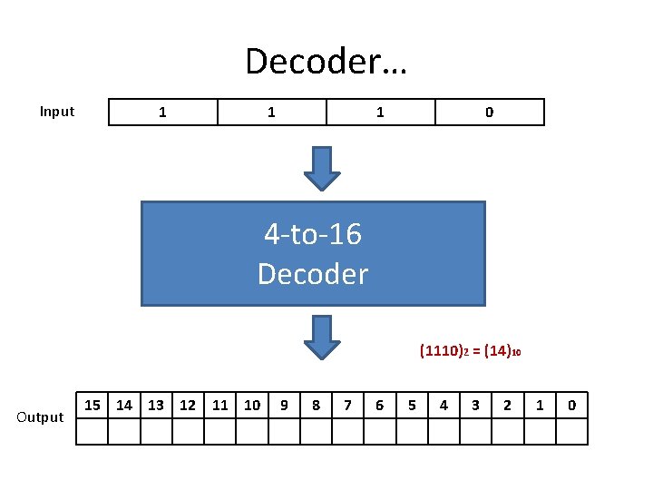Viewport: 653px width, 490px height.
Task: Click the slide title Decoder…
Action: [x=326, y=61]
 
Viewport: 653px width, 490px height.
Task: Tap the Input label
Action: [x=57, y=112]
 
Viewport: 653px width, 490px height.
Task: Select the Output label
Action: [x=41, y=417]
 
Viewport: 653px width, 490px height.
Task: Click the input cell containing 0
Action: [x=490, y=113]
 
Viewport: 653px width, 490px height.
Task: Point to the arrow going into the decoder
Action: [x=321, y=168]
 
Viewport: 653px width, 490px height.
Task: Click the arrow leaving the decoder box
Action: [x=321, y=337]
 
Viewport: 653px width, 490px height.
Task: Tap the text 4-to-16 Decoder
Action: [x=313, y=254]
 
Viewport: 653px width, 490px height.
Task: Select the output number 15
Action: [x=92, y=405]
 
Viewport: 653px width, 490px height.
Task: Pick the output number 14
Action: [x=124, y=405]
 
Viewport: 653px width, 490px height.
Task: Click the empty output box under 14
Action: [x=124, y=431]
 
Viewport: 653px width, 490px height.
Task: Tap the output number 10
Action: [x=252, y=405]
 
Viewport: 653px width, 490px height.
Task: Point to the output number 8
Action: [x=316, y=405]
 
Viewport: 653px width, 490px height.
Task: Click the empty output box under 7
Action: [x=347, y=431]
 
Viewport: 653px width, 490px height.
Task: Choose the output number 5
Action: [x=412, y=405]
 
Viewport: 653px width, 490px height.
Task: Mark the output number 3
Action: [x=475, y=405]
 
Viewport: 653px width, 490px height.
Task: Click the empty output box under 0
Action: [x=571, y=431]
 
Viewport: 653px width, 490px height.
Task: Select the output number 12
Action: [x=188, y=405]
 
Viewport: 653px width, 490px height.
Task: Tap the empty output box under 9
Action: [x=284, y=431]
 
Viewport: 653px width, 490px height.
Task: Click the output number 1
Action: [x=540, y=405]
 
